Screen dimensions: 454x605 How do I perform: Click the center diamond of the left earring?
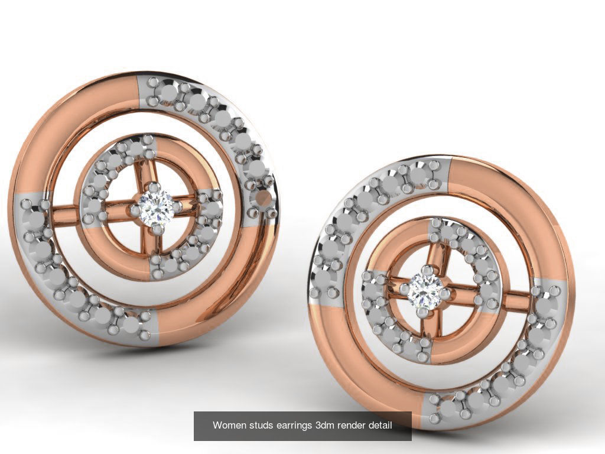click(156, 207)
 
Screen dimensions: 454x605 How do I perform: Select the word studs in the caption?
click(261, 425)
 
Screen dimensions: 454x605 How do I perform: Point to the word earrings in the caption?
click(295, 425)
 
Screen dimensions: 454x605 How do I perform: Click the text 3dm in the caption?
click(327, 425)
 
